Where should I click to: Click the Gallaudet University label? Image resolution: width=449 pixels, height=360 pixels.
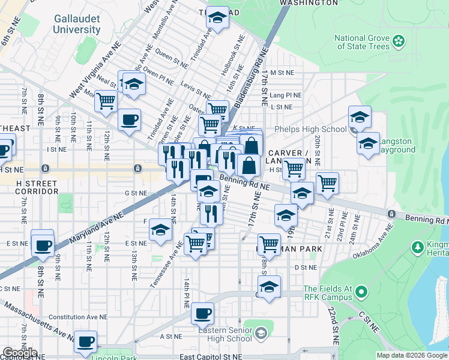76,24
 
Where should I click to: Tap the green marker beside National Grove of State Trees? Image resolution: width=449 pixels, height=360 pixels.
399,41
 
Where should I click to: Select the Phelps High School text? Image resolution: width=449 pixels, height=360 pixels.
310,129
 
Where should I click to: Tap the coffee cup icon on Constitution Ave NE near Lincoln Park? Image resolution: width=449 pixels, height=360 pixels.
86,341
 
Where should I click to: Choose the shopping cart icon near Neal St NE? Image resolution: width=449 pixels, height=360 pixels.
106,100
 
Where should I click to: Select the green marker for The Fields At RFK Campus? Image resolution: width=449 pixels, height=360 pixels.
361,292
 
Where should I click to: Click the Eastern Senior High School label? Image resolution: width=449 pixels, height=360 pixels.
224,334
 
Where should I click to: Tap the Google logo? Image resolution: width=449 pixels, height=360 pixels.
19,353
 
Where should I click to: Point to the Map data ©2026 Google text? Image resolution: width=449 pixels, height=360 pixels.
412,355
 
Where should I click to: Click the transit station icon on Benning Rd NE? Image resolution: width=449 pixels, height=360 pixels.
391,214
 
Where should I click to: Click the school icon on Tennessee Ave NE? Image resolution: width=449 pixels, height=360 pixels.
160,230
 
